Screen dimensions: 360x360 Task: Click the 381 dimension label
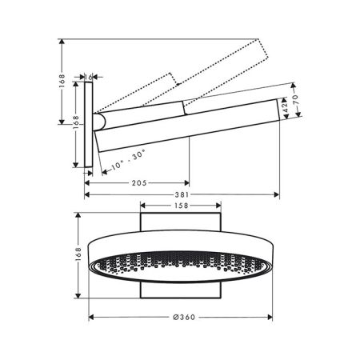click(x=182, y=194)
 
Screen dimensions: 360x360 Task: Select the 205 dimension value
click(x=139, y=183)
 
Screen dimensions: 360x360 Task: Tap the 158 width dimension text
click(x=181, y=206)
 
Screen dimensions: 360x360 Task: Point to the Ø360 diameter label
click(x=184, y=317)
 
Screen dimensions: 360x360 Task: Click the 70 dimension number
click(x=296, y=100)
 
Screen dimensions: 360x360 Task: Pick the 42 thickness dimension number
click(x=285, y=107)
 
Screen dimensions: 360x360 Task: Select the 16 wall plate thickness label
click(x=89, y=77)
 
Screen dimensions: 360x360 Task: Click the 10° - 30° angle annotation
click(x=128, y=160)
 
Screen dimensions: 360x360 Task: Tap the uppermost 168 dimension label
click(x=62, y=81)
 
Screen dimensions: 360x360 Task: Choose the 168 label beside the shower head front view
click(x=78, y=254)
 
